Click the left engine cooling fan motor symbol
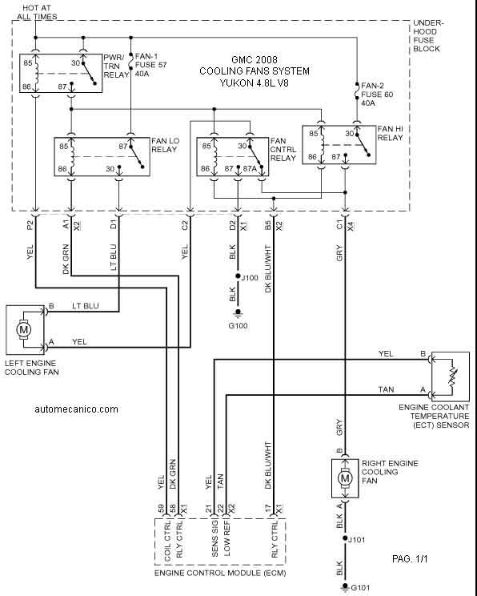(x=23, y=329)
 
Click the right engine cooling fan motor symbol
(x=345, y=477)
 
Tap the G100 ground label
(x=238, y=326)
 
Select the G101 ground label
(x=360, y=588)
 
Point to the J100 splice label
(x=250, y=278)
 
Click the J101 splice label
(x=357, y=540)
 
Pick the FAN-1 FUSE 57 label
(x=150, y=65)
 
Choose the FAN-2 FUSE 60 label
(x=377, y=94)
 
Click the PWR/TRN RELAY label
(x=116, y=66)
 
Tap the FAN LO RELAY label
(x=165, y=145)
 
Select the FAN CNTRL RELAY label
(x=283, y=150)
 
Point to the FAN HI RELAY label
(x=390, y=134)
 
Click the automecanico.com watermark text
(x=76, y=409)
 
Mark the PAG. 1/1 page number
(x=410, y=559)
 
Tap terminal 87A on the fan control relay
(x=251, y=168)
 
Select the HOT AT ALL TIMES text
(x=37, y=12)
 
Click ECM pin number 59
(x=161, y=509)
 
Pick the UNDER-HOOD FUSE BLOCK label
(x=428, y=36)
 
